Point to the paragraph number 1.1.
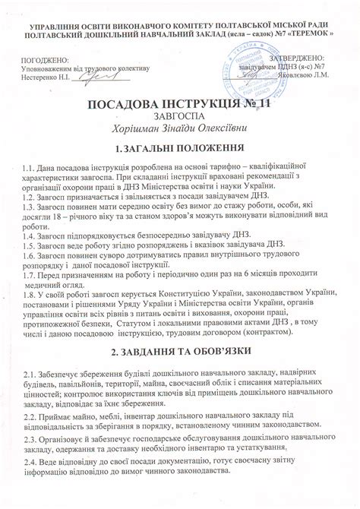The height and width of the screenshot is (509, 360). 30,166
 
